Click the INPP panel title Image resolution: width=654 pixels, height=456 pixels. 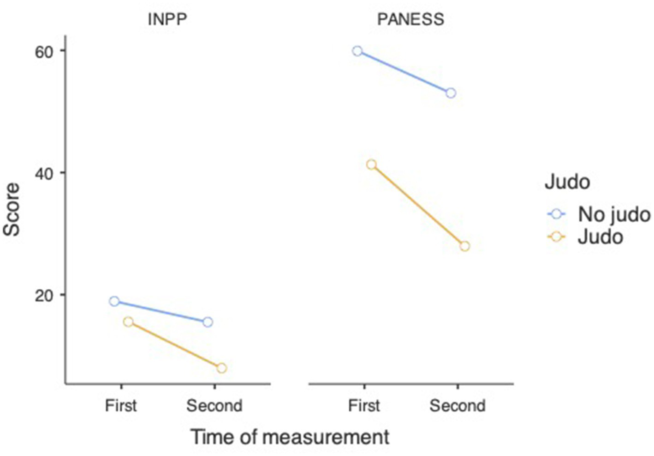click(x=167, y=19)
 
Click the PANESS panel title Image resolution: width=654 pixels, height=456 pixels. click(x=410, y=19)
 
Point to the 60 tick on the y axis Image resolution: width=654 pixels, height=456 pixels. click(x=44, y=51)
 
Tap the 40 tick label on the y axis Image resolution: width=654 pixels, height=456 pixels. click(x=44, y=173)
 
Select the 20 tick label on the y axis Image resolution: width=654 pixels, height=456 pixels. click(x=44, y=295)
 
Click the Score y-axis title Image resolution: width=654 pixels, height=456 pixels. click(x=12, y=209)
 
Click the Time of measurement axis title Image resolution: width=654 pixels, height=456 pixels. click(x=290, y=437)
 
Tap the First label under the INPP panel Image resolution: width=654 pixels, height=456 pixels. click(x=121, y=406)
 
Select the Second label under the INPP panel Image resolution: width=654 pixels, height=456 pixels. click(x=214, y=406)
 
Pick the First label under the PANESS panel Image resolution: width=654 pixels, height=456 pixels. click(x=364, y=406)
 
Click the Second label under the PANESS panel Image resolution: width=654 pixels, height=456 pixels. click(x=458, y=406)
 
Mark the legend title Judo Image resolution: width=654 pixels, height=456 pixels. click(x=567, y=182)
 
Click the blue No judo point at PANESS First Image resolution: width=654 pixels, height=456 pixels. click(x=357, y=51)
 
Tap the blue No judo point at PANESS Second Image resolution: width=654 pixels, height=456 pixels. click(x=451, y=93)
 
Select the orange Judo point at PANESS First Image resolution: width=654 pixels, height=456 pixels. click(x=371, y=164)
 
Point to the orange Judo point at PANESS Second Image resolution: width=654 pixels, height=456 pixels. click(x=465, y=246)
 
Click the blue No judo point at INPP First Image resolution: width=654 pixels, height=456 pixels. click(x=114, y=301)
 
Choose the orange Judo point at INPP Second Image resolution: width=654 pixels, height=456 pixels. click(x=221, y=368)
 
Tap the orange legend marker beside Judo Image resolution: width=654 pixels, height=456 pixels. click(x=557, y=237)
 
